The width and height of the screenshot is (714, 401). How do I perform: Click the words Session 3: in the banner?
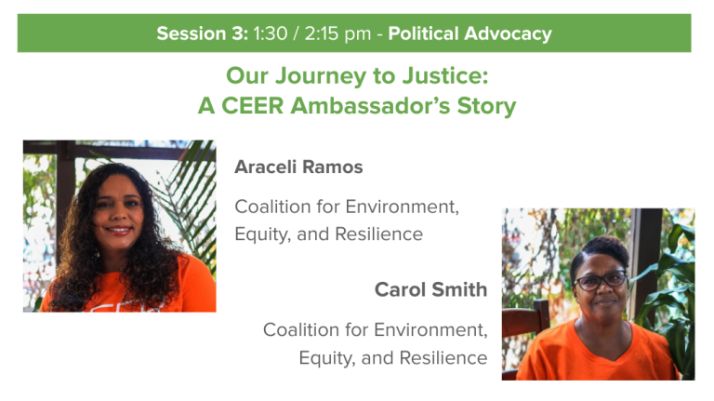pyautogui.click(x=202, y=33)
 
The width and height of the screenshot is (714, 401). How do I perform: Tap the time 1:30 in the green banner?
pyautogui.click(x=271, y=33)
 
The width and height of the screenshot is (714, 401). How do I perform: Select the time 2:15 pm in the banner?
pyautogui.click(x=337, y=34)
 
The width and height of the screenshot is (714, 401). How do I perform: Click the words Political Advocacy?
pyautogui.click(x=469, y=34)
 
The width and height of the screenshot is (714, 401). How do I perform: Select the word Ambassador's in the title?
pyautogui.click(x=370, y=106)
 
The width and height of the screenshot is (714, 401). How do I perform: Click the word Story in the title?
pyautogui.click(x=487, y=107)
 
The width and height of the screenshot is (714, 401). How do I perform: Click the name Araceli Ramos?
pyautogui.click(x=298, y=167)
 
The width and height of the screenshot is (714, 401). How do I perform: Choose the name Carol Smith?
pyautogui.click(x=430, y=289)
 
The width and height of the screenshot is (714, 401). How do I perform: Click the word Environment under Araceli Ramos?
pyautogui.click(x=402, y=207)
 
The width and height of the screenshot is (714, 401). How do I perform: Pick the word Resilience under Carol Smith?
pyautogui.click(x=443, y=357)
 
